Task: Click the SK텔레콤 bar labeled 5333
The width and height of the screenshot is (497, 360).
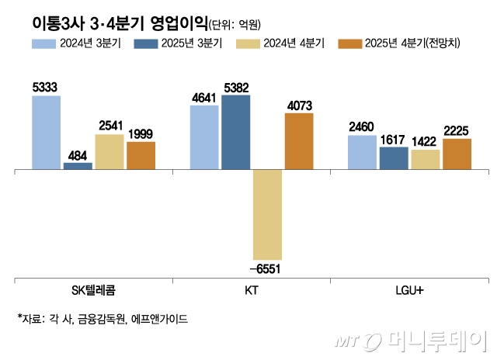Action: tap(46, 132)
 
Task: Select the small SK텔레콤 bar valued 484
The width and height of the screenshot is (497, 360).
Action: tap(78, 165)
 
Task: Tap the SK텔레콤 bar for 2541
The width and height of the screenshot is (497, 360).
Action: tap(109, 151)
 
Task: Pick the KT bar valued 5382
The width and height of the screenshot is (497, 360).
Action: tap(236, 132)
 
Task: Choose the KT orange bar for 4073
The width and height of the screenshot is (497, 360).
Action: tap(299, 141)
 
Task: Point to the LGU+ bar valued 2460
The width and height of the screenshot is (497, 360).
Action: tap(363, 152)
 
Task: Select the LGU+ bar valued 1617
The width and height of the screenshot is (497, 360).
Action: tap(394, 158)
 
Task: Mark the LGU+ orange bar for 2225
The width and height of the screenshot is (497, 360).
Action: tap(457, 154)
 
